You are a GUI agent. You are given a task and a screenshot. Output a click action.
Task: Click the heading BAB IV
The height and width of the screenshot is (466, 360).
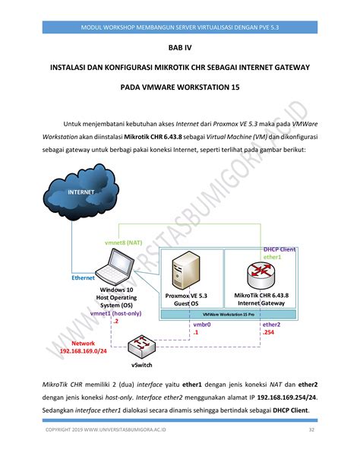[x=180, y=47]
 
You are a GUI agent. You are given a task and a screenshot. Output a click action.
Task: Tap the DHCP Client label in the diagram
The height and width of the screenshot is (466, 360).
[x=279, y=249]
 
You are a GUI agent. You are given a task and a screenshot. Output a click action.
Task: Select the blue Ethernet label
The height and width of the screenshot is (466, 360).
[x=83, y=278]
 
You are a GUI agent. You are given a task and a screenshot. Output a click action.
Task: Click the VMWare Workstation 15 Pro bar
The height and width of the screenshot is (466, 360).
[x=229, y=314]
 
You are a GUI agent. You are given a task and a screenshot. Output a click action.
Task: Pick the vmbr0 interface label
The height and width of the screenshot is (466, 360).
[x=203, y=325]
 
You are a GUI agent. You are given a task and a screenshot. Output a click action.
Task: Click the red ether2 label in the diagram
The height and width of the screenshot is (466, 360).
[x=271, y=325]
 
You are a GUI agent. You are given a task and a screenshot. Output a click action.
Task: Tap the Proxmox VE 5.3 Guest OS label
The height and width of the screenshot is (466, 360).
[x=186, y=299]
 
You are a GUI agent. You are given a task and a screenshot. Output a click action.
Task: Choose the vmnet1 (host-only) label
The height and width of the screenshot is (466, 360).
[x=116, y=313]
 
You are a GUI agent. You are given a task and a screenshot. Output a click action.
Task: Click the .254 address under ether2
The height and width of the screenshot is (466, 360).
[x=269, y=332]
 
